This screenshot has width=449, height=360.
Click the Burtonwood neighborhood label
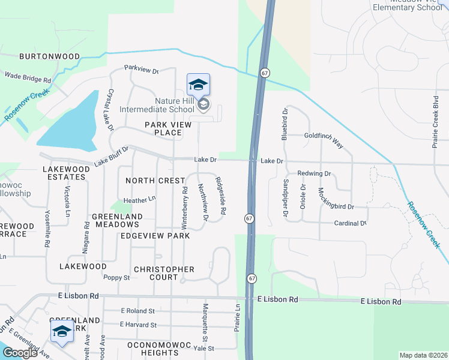[49, 56]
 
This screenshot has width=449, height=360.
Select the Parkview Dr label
[141, 70]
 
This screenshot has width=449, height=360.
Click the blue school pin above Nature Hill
[198, 85]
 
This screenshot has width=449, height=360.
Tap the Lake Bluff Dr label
[112, 157]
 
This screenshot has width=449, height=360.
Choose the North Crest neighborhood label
[155, 181]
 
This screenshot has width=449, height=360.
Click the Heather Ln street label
[139, 199]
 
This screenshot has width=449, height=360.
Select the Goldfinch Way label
[323, 137]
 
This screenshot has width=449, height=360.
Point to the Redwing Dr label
[314, 173]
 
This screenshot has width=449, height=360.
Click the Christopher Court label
[164, 274]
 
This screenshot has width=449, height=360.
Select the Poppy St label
[116, 278]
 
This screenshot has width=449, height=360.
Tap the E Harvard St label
[138, 325]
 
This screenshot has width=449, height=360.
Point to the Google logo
[19, 353]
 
